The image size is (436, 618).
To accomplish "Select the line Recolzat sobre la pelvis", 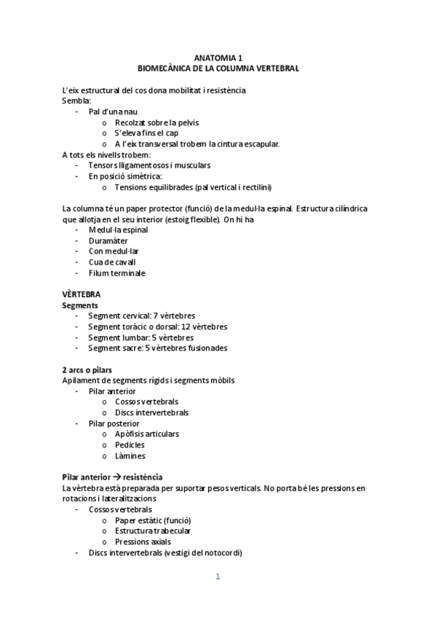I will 156,122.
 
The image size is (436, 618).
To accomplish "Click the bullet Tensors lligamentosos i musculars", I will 139,165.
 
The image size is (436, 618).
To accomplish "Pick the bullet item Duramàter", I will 109,240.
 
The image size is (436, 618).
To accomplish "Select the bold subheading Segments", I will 81,305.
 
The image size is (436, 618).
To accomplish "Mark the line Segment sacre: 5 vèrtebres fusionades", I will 157,348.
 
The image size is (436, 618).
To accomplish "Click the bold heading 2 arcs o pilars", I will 92,369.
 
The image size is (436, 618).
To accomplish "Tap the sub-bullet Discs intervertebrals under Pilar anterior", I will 151,412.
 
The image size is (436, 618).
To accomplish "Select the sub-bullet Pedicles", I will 130,445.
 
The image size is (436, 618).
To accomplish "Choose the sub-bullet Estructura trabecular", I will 152,531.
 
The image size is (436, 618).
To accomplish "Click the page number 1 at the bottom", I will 218,577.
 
